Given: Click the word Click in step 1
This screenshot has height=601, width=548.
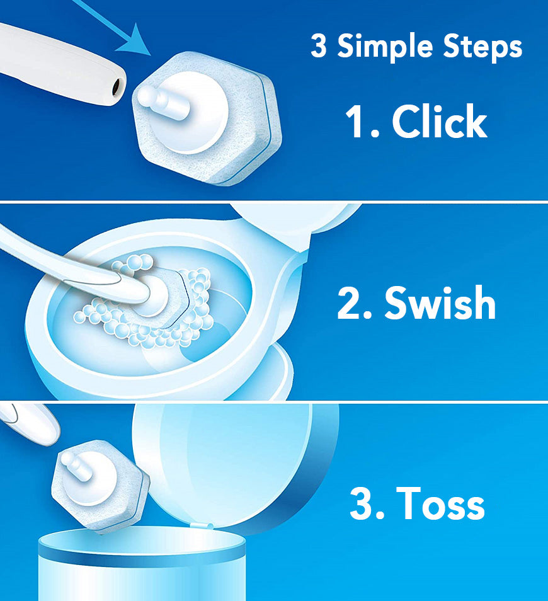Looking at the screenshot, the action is point(439,121).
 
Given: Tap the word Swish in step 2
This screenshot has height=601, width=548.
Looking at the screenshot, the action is point(440,303).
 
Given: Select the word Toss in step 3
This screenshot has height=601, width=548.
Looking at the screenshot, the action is point(440,503).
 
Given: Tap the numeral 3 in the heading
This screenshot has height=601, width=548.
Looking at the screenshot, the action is point(319,45).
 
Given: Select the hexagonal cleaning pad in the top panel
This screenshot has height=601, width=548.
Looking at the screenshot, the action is point(207,118).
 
